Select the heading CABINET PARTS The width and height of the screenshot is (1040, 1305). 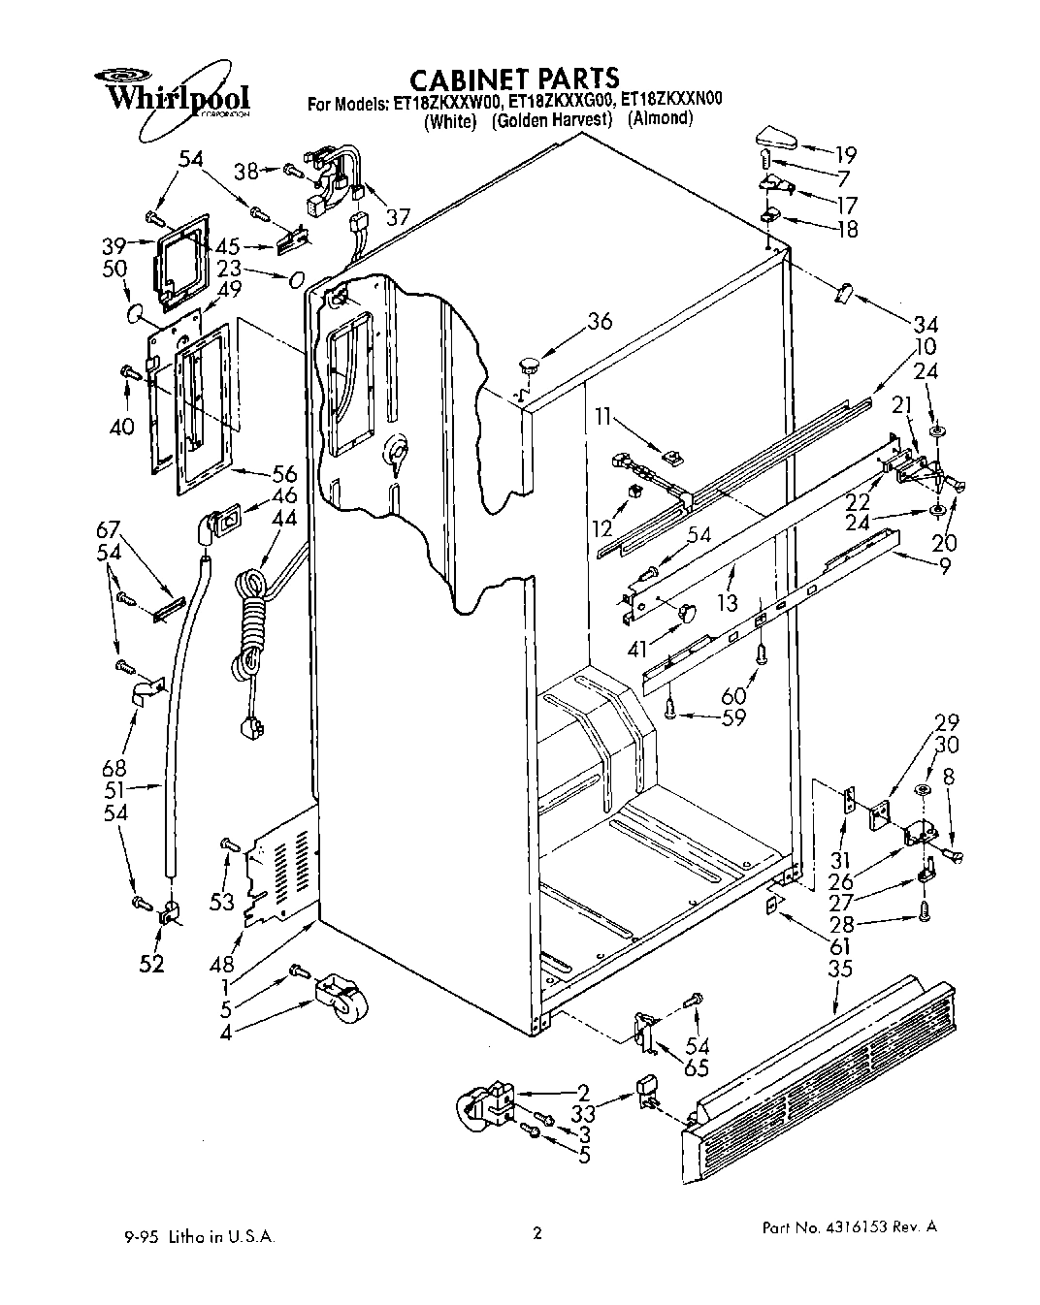tap(513, 78)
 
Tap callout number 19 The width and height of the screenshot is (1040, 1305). tap(846, 153)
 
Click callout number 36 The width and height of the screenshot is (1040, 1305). tap(601, 321)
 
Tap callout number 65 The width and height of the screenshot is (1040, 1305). tap(697, 1068)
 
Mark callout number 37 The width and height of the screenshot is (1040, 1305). tap(398, 217)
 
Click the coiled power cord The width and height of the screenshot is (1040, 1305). tap(250, 630)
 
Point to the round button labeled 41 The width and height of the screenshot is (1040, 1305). tap(687, 612)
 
